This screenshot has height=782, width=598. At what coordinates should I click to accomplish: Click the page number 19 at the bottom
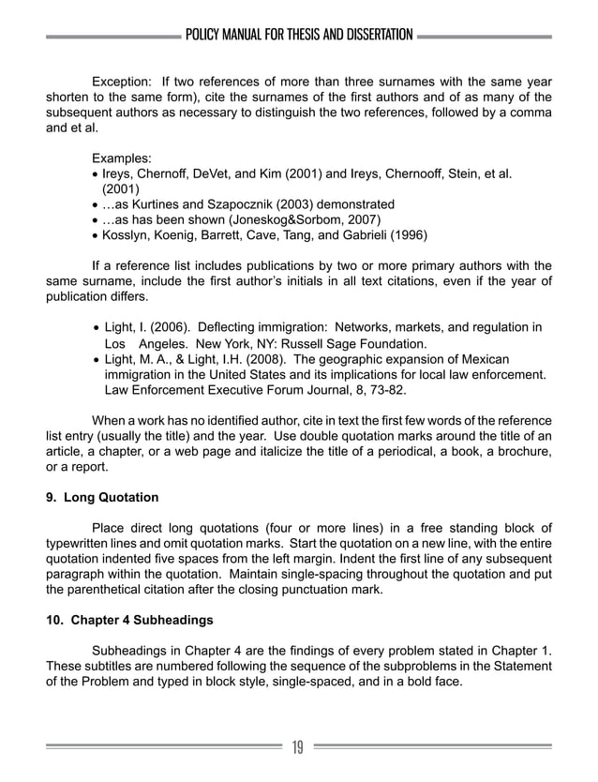(x=298, y=747)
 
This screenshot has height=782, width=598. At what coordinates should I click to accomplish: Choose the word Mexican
(x=478, y=359)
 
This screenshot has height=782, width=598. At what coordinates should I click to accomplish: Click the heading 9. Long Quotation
(x=103, y=496)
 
